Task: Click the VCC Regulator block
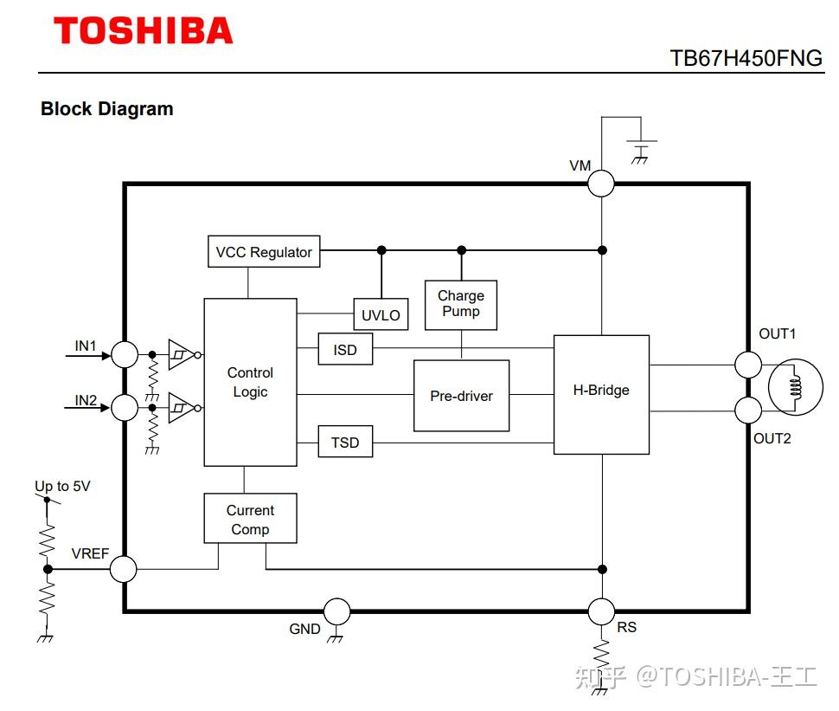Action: coord(264,251)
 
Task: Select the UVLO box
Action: coord(381,314)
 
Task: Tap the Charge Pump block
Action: coord(461,305)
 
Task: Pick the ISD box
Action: coord(345,349)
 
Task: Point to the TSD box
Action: coord(345,442)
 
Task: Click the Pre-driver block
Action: coord(462,396)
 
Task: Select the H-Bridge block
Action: coord(601,395)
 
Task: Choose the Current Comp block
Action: coord(251,518)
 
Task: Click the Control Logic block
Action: coord(251,382)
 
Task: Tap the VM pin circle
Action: coord(601,184)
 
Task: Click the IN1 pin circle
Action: coord(125,355)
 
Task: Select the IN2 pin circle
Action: coord(125,408)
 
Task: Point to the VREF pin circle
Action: coord(123,569)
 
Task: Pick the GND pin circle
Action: coord(337,611)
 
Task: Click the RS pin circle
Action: coord(601,611)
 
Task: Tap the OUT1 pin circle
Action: coord(748,365)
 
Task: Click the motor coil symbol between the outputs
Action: coord(795,387)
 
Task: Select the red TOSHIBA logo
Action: coord(144,30)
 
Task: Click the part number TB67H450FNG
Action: coord(746,58)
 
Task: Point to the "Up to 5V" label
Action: coord(62,486)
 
